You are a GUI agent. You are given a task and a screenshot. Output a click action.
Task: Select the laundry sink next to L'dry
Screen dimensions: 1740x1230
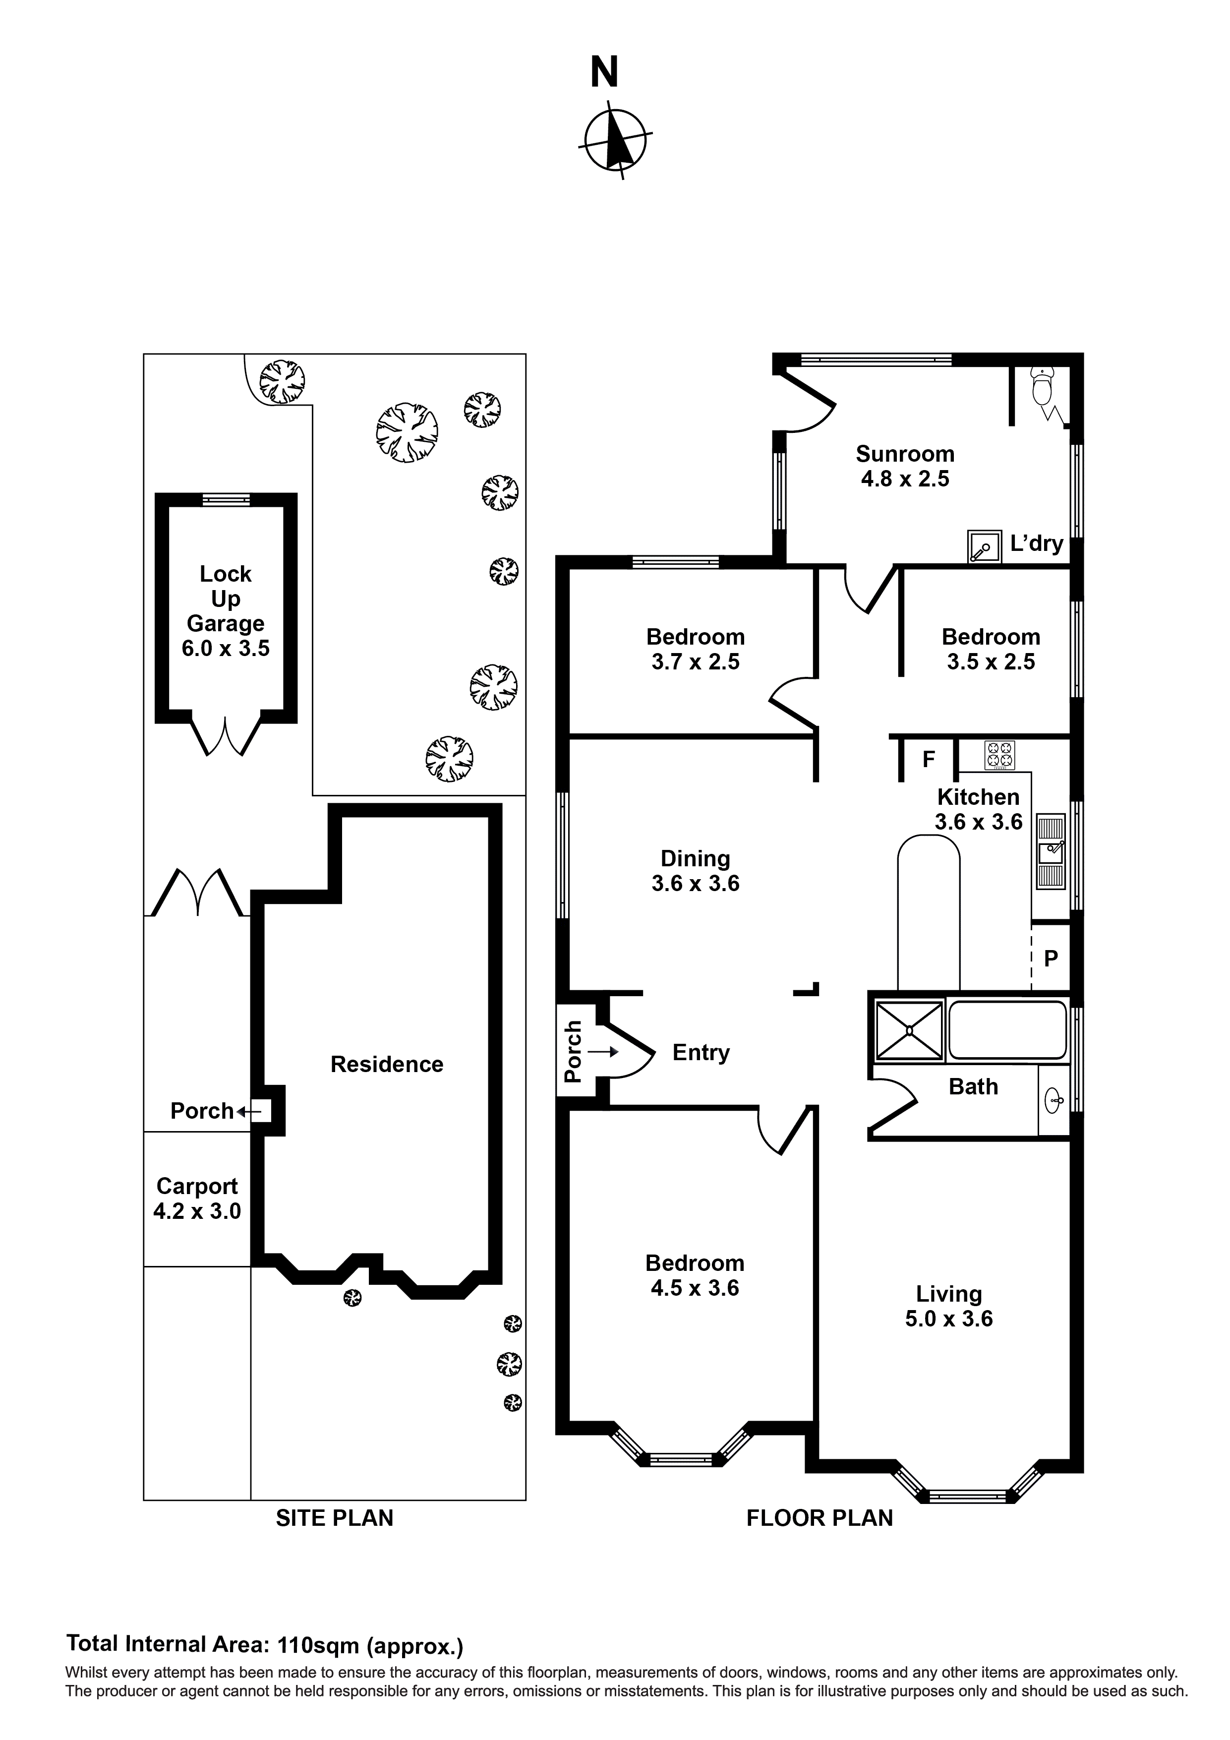(983, 545)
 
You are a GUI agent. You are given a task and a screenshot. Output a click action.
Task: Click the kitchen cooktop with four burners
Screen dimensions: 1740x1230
(999, 755)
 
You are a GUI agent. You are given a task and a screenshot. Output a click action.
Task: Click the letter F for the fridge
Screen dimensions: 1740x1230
(929, 759)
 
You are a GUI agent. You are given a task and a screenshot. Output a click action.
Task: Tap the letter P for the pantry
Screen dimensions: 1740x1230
(1051, 959)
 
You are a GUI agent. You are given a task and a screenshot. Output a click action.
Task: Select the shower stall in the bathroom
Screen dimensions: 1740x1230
(909, 1030)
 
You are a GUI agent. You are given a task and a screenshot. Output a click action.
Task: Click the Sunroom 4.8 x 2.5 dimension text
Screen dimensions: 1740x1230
(905, 479)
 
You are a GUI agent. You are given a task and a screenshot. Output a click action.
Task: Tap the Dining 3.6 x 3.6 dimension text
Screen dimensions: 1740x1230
(695, 884)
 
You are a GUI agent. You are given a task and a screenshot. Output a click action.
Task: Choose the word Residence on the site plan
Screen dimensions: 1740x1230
(387, 1064)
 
